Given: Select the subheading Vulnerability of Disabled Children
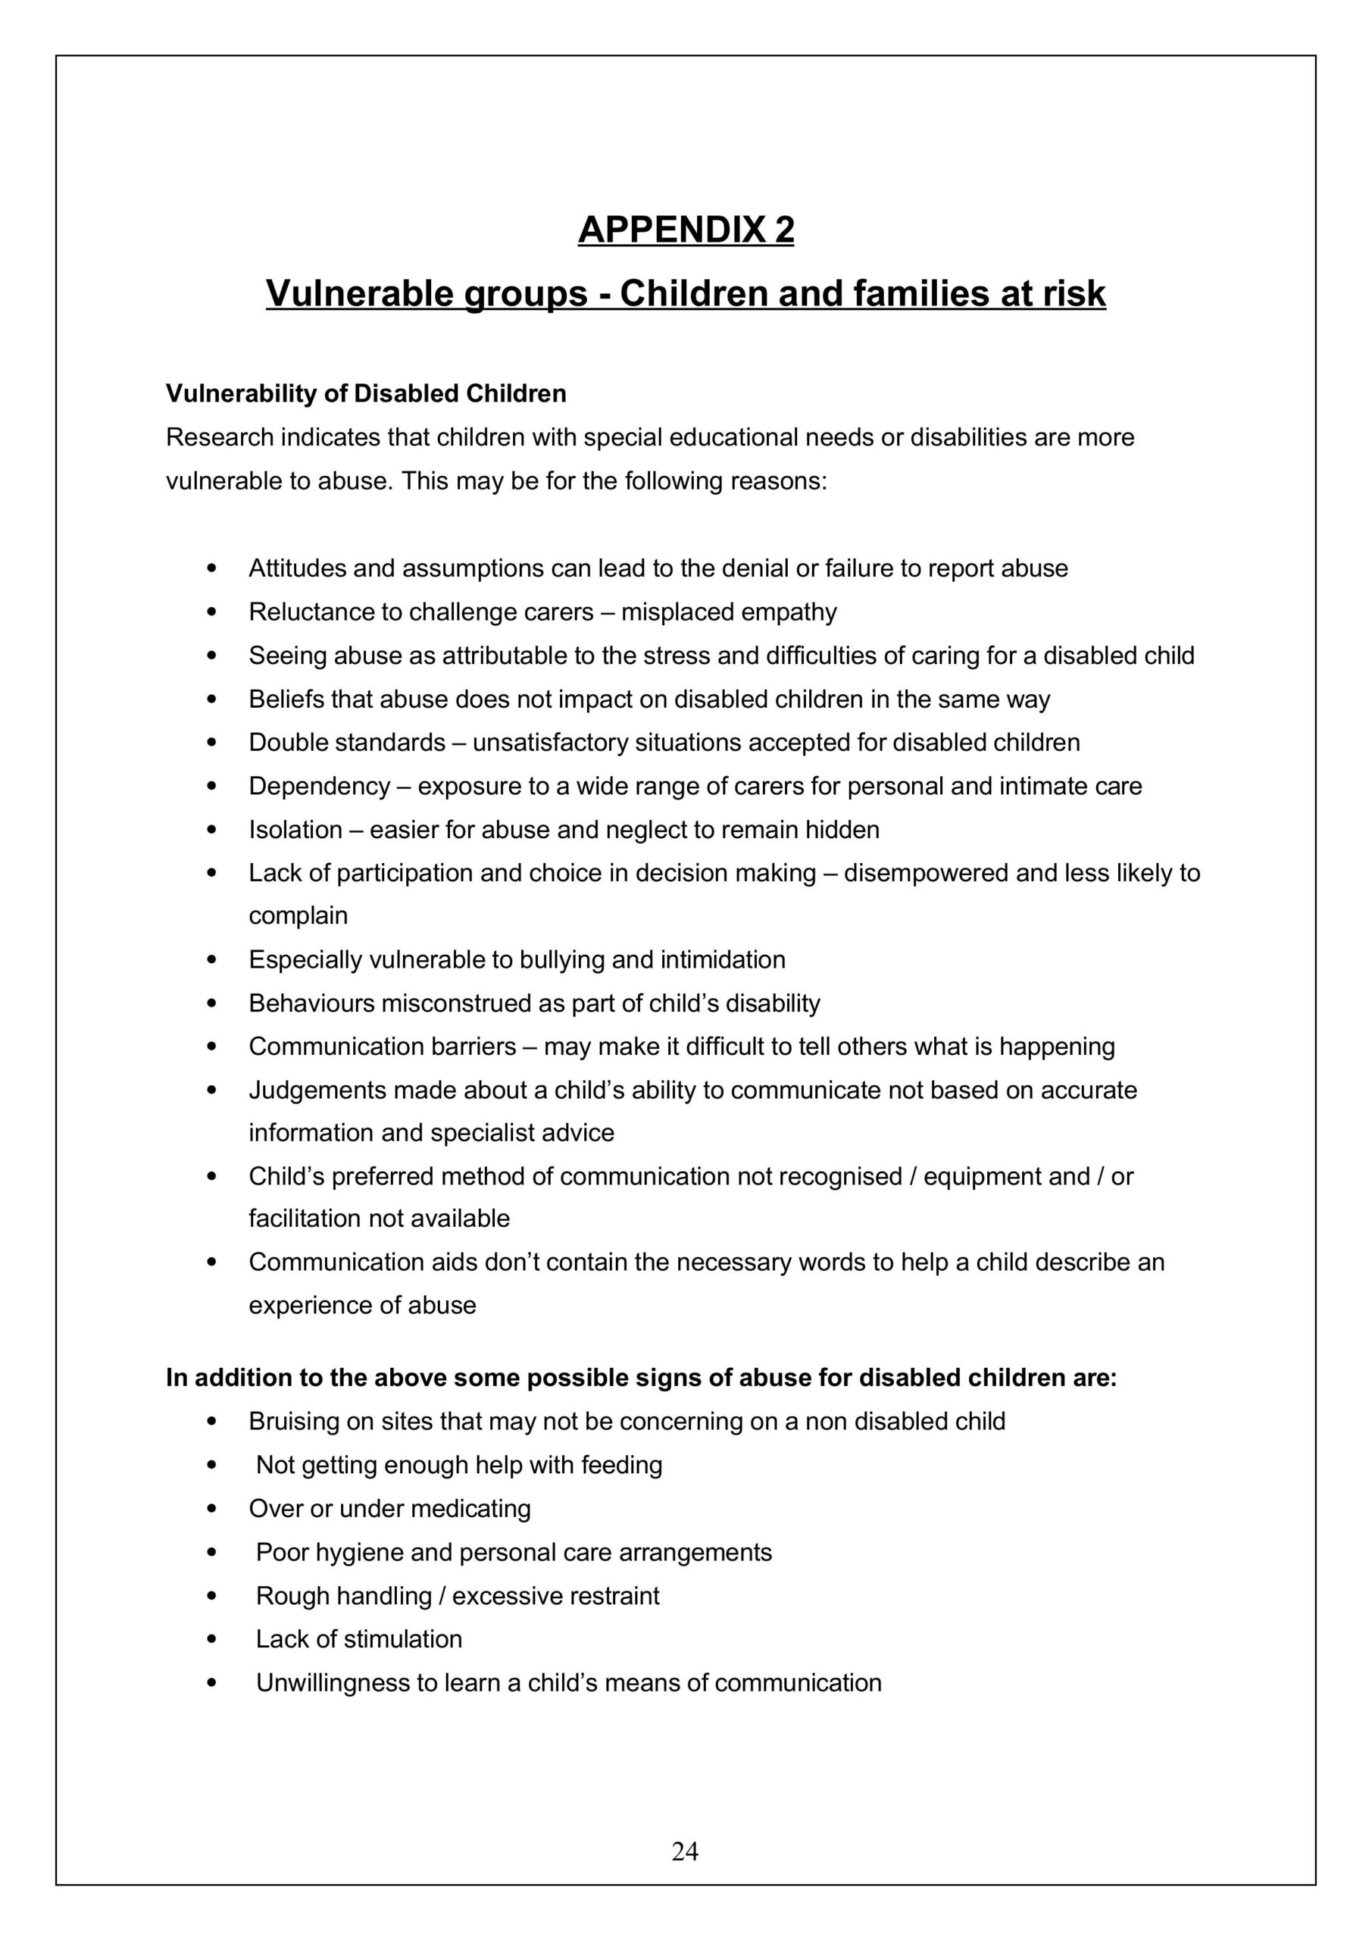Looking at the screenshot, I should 366,394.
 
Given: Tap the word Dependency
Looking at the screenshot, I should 320,787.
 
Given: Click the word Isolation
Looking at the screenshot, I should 295,830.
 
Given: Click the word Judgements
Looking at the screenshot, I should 317,1090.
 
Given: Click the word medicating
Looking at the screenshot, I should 477,1508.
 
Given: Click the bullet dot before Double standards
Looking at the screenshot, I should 212,743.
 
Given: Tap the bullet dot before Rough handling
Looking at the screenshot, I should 212,1596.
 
